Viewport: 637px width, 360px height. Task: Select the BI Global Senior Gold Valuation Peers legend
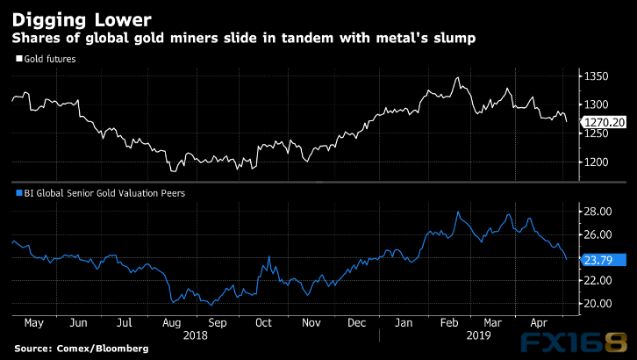click(102, 191)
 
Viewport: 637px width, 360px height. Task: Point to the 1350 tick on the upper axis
click(599, 78)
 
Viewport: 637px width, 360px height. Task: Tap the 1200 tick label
click(599, 162)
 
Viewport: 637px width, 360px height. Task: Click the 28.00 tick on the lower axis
click(600, 212)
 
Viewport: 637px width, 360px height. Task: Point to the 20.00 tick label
click(600, 304)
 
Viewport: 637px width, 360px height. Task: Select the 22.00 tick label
click(600, 280)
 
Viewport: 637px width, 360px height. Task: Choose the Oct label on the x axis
click(262, 322)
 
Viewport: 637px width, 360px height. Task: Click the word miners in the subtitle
click(177, 38)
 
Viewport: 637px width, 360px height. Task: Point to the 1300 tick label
click(599, 105)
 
